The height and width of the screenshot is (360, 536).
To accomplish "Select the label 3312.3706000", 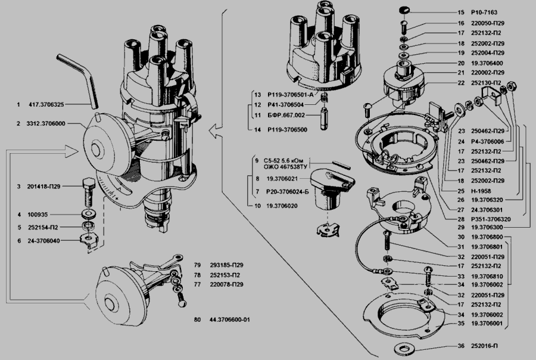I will tap(46, 123).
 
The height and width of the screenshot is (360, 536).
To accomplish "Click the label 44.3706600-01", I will tap(229, 320).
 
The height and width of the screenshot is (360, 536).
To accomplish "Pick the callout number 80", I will tap(197, 320).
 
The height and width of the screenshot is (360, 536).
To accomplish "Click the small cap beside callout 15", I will tap(405, 11).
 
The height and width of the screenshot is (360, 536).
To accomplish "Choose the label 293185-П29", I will tap(227, 265).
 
